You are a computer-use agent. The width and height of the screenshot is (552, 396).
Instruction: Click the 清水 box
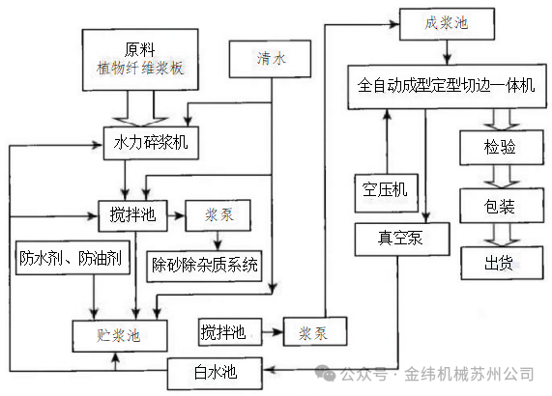click(272, 59)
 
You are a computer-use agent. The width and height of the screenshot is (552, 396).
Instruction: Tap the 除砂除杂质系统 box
click(205, 264)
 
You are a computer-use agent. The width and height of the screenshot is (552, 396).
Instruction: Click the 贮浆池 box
click(119, 335)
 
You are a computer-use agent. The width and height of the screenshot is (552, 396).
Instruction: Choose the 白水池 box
click(215, 370)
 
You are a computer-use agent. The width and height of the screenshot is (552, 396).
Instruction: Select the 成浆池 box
click(446, 23)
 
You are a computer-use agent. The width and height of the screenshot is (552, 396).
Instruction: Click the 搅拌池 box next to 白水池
click(223, 333)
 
